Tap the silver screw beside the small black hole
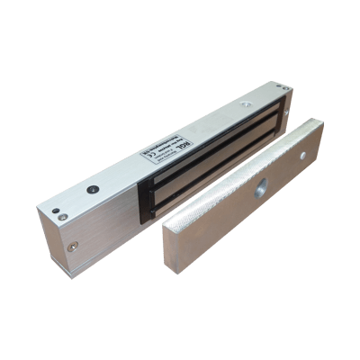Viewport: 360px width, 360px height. point(61,216)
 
